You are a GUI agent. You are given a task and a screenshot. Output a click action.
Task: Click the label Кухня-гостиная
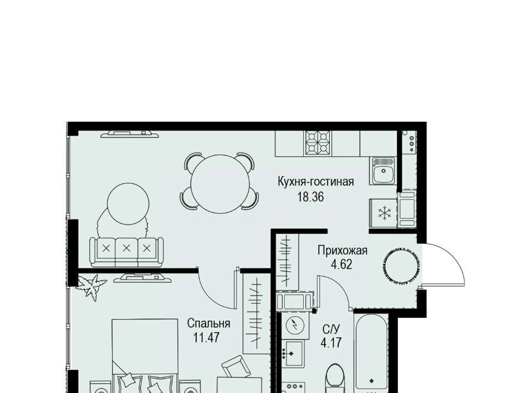[315, 182]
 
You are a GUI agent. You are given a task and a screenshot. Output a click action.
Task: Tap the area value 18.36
[310, 197]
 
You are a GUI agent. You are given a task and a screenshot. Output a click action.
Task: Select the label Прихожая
[342, 251]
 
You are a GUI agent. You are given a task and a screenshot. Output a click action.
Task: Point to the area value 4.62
[341, 264]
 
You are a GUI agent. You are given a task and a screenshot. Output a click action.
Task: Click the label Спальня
[209, 324]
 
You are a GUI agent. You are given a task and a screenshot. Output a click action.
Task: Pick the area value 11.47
[207, 338]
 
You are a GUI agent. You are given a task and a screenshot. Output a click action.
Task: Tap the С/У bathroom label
[331, 329]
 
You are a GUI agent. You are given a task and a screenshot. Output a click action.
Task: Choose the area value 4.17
[331, 342]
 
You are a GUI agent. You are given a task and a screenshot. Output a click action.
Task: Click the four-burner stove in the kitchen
[318, 143]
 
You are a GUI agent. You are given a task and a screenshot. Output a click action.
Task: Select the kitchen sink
[383, 170]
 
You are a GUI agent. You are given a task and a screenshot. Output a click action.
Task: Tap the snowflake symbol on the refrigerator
[385, 213]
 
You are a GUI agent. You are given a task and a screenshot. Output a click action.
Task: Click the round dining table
[220, 184]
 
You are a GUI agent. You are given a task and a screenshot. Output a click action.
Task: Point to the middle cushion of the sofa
[126, 249]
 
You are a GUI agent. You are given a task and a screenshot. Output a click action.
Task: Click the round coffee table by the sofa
[128, 204]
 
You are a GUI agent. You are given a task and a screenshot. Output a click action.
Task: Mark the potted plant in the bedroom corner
[91, 287]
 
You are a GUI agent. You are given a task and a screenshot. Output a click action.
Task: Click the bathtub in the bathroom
[371, 353]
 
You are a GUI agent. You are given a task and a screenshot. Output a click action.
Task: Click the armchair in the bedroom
[236, 366]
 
